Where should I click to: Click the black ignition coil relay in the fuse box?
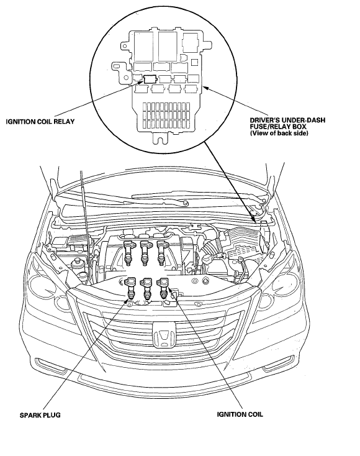pyautogui.click(x=150, y=78)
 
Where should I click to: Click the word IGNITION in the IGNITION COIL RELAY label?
pyautogui.click(x=20, y=122)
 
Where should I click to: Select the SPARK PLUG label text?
pyautogui.click(x=40, y=415)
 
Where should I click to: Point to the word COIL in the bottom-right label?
pyautogui.click(x=255, y=414)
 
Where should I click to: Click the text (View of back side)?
pyautogui.click(x=279, y=133)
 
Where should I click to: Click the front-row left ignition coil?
pyautogui.click(x=130, y=288)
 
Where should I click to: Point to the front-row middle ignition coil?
pyautogui.click(x=146, y=288)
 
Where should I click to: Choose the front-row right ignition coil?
pyautogui.click(x=163, y=288)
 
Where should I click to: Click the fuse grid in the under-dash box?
pyautogui.click(x=166, y=116)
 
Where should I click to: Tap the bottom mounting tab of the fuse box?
pyautogui.click(x=160, y=138)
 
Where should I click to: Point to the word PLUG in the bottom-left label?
pyautogui.click(x=52, y=415)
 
